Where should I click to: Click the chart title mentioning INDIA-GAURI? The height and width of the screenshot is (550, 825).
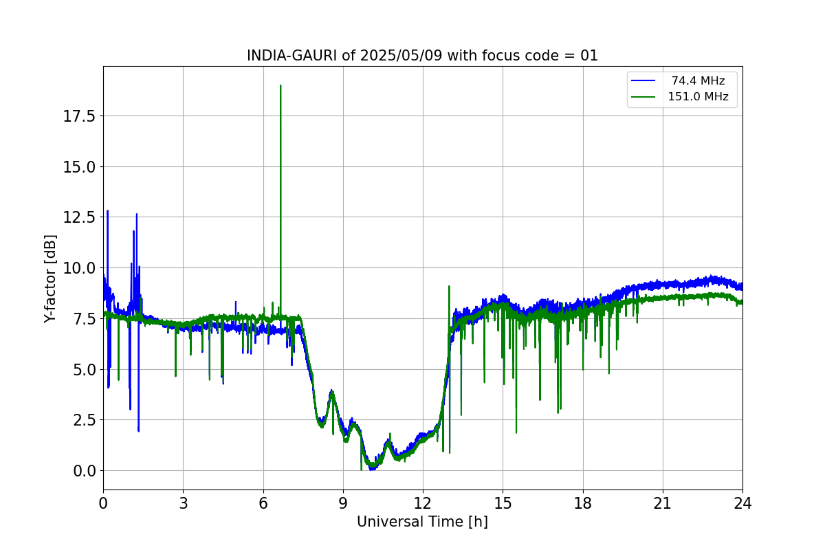[422, 56]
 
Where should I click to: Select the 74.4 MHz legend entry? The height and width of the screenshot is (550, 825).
[698, 81]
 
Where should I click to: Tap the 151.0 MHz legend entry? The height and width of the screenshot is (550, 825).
[698, 97]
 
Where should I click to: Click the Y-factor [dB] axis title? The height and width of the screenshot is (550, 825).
[49, 278]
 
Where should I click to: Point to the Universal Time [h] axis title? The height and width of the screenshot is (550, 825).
[422, 522]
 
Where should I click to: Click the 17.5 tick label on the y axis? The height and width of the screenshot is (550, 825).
[79, 115]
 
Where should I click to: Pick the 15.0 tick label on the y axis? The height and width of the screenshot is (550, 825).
[79, 166]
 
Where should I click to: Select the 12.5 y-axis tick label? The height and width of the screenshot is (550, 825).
[79, 217]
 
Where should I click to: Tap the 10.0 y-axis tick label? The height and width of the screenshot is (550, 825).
[79, 268]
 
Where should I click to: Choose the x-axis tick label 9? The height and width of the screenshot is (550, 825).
[343, 503]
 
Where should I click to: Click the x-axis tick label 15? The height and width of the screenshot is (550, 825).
[503, 503]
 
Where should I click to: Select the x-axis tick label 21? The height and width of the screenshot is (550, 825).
[662, 503]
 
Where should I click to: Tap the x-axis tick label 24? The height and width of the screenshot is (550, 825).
[742, 503]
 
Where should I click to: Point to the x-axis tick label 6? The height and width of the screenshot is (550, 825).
[263, 503]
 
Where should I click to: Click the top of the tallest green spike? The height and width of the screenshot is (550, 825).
[280, 85]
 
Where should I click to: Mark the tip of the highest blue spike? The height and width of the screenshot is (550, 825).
[107, 211]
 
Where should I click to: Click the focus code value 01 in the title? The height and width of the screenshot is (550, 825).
[589, 56]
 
